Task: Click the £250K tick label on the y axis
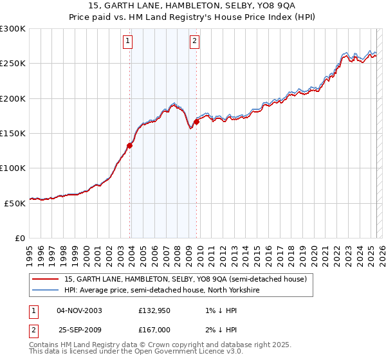13,64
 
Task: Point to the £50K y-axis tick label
15,203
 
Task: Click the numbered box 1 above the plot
128,43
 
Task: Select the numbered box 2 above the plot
194,43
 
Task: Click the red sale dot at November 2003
130,145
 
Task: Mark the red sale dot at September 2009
196,122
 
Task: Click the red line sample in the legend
46,280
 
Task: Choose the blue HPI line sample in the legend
46,290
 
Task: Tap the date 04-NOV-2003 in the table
80,311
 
